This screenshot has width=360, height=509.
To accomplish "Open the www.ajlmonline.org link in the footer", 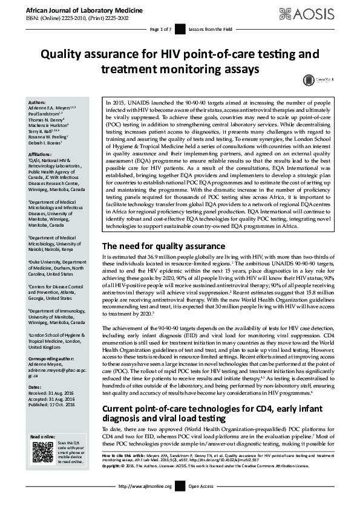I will pyautogui.click(x=145, y=503).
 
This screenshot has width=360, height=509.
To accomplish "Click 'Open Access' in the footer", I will pyautogui.click(x=201, y=503).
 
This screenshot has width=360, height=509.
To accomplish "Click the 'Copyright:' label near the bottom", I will pyautogui.click(x=113, y=482).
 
